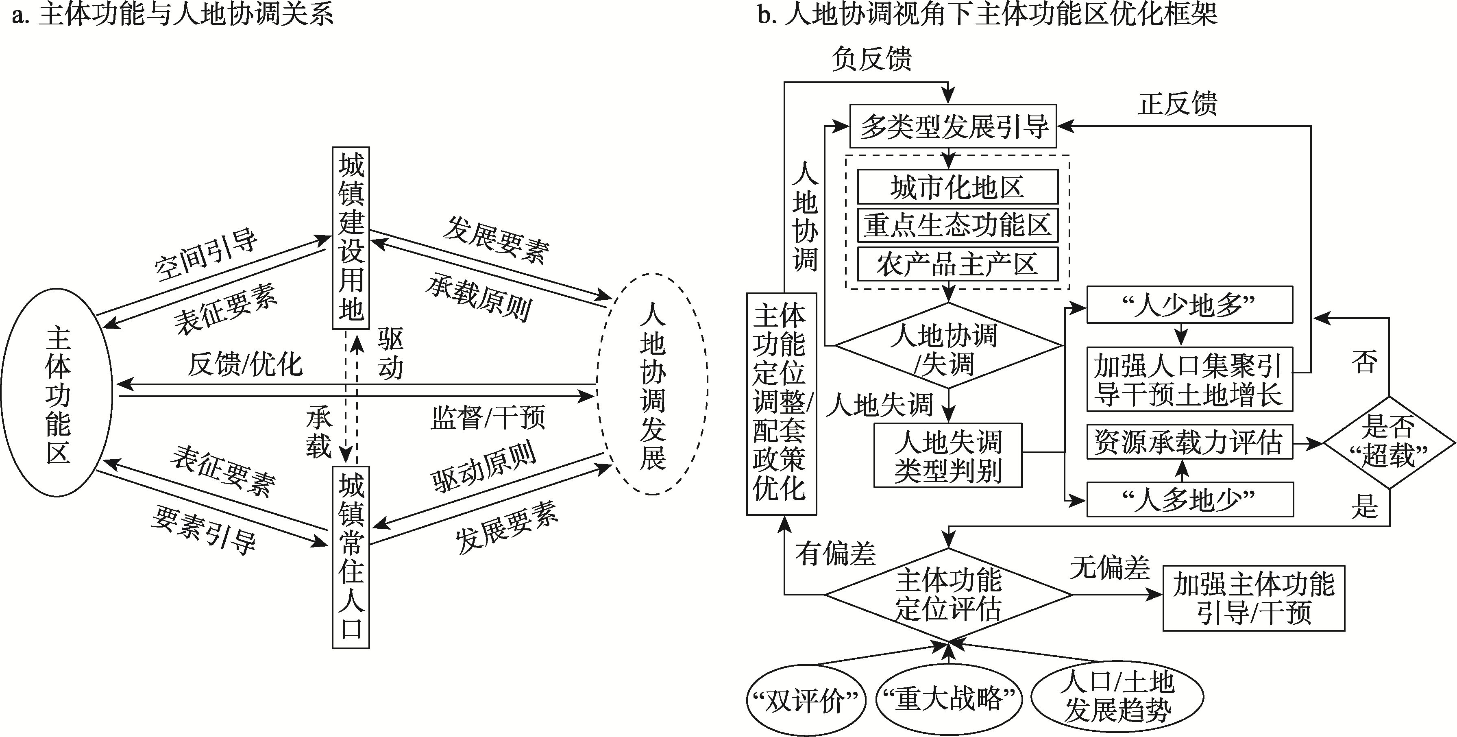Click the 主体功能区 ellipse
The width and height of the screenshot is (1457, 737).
click(58, 393)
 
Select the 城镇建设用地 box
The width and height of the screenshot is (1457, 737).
click(351, 238)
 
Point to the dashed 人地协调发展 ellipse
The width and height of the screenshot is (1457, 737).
click(652, 385)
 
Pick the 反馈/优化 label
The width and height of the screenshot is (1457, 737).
click(245, 365)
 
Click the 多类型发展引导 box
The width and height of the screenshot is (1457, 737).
click(954, 126)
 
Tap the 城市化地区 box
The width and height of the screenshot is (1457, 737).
click(958, 187)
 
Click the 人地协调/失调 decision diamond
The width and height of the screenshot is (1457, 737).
click(949, 346)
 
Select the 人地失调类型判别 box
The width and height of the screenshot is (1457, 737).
click(948, 455)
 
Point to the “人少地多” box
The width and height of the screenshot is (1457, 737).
click(1189, 305)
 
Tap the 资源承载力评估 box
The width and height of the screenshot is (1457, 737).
click(1189, 442)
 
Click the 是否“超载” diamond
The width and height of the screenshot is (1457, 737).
click(1389, 442)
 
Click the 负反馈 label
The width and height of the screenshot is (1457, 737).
click(871, 58)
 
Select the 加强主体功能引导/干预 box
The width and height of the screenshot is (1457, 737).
click(1253, 598)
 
